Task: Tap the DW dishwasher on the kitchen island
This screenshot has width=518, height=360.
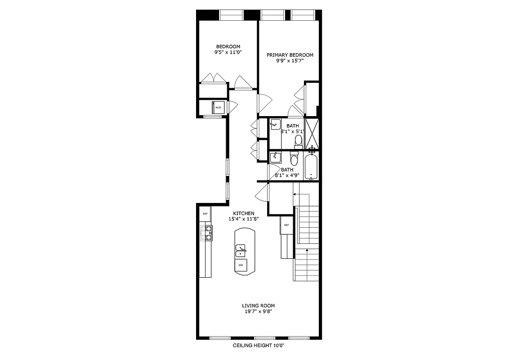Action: tap(241, 265)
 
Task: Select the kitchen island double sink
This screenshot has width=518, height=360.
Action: tap(241, 251)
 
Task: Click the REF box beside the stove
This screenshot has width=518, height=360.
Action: tap(205, 214)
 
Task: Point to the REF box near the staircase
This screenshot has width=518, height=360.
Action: tap(286, 225)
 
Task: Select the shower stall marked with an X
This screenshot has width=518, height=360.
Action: tap(312, 133)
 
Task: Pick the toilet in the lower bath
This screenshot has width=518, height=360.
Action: tap(294, 159)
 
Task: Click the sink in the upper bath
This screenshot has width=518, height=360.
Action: tap(275, 124)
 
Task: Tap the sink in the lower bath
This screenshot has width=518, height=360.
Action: tap(275, 157)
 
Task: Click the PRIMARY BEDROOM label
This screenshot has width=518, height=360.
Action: tap(290, 55)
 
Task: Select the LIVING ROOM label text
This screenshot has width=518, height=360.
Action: tap(258, 306)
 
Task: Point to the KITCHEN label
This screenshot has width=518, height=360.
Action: tap(244, 213)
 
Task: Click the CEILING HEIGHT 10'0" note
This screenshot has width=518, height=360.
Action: tap(259, 346)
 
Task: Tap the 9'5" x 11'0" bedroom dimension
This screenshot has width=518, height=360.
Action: tap(228, 52)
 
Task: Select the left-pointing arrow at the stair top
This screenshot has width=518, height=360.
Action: tap(295, 194)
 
